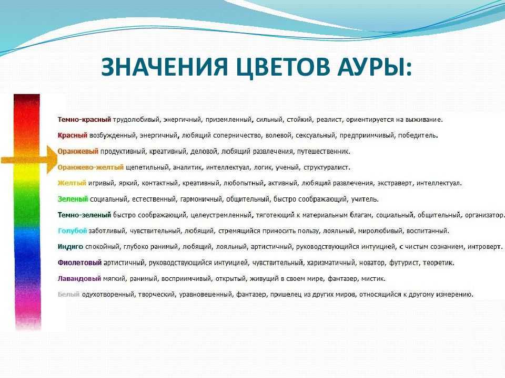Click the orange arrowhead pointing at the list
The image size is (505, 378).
point(52,160)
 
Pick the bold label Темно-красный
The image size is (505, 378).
point(84,120)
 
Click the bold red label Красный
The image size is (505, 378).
point(73,135)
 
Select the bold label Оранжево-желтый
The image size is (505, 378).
point(90,167)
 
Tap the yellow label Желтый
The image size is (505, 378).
point(72,183)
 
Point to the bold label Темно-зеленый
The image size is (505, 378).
point(84,215)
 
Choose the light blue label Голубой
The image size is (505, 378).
point(73,231)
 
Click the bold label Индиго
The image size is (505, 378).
point(70,247)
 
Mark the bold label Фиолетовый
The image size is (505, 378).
point(79,262)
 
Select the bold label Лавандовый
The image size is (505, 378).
point(79,278)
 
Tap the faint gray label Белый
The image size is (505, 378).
point(68,294)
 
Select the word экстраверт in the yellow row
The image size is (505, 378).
point(395,183)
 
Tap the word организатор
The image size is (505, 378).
point(484,215)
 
